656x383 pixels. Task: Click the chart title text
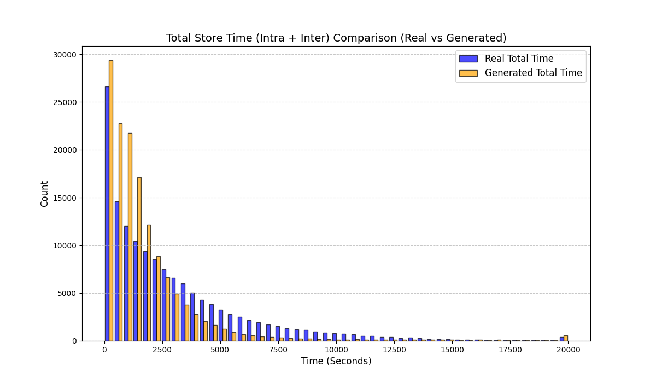[336, 38]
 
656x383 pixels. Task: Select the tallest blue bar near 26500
[107, 213]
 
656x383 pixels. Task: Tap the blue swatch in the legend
[468, 59]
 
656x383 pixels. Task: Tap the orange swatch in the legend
[468, 73]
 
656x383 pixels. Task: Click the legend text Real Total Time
[519, 59]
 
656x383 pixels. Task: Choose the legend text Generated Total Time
[533, 73]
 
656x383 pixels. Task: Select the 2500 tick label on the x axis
[162, 350]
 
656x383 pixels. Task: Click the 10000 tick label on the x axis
[336, 350]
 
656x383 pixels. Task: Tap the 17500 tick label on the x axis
[509, 350]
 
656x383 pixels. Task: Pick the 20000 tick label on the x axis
[567, 350]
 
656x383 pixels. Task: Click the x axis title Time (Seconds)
[336, 362]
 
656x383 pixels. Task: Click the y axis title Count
[45, 194]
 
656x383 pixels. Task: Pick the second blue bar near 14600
[116, 271]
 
